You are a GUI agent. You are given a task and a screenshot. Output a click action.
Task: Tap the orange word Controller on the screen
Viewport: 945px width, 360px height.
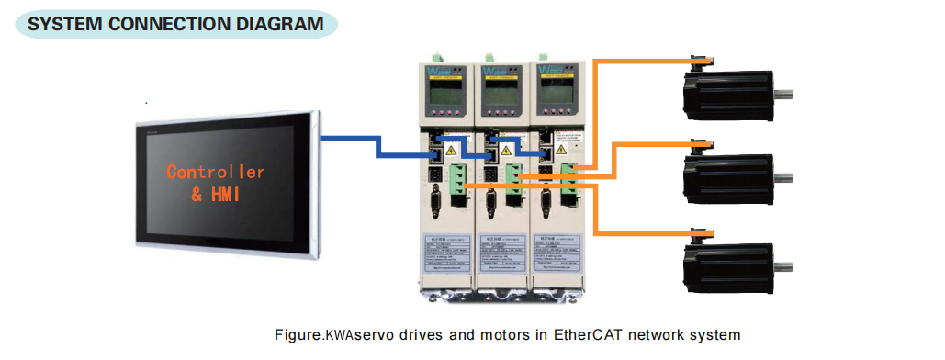click(x=216, y=172)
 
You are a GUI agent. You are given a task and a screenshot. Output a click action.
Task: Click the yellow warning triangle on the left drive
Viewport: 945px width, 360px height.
click(x=451, y=147)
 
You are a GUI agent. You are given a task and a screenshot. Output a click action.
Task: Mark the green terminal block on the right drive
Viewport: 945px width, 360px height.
click(x=570, y=177)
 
